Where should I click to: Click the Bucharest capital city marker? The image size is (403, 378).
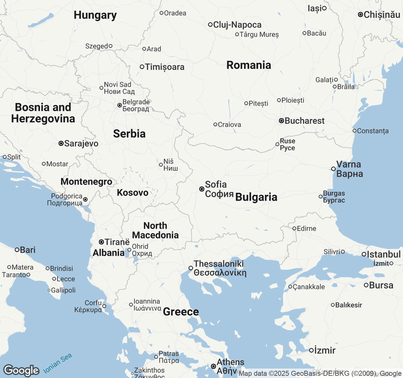281,121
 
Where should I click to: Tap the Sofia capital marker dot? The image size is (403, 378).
202,189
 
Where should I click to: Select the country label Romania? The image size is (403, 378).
249,65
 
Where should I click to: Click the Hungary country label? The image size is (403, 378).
95,15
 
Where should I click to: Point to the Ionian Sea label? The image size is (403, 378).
58,363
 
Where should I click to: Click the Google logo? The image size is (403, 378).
21,370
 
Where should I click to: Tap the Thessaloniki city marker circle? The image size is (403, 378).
191,268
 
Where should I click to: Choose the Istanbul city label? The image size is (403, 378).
383,254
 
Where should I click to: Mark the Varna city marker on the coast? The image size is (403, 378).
333,169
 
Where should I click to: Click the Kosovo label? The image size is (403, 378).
133,193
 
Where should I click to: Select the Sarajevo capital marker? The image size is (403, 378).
61,144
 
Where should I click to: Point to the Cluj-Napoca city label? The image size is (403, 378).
237,25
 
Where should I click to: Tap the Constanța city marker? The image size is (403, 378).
355,131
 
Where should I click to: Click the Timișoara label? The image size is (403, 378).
165,67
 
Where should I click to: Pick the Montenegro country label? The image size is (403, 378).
86,182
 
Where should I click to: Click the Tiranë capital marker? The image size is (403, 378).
101,242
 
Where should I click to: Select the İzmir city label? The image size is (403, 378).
325,350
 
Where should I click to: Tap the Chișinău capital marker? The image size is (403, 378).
360,14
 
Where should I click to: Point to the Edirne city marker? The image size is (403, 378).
294,228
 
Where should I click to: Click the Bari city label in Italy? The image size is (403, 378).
27,250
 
